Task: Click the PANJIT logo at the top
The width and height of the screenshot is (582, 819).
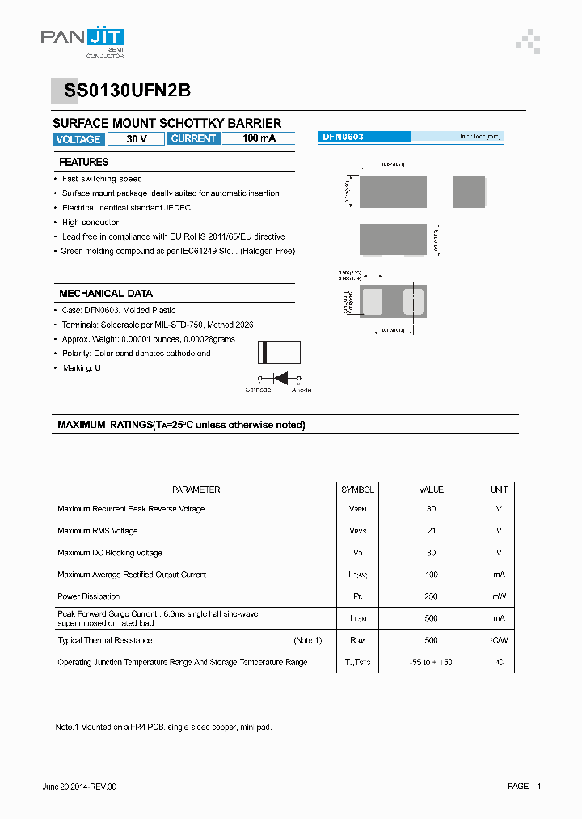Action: pos(82,39)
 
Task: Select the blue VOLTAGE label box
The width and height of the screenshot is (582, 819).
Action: pos(78,139)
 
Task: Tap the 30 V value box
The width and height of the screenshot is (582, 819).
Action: pos(137,139)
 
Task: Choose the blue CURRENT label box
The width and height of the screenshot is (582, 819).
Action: pos(193,139)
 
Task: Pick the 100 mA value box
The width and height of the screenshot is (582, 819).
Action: pos(259,139)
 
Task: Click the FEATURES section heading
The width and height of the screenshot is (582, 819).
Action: pos(83,162)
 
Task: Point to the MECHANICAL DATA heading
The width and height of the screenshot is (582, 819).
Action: pos(105,294)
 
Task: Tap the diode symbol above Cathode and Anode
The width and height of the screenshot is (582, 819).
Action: pos(280,378)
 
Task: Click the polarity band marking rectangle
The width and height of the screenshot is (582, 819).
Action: pos(278,353)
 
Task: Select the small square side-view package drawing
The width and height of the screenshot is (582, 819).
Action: pos(469,192)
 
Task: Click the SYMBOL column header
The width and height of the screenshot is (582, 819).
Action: pos(357,490)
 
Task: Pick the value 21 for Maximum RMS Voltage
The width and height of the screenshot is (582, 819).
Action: pos(431,531)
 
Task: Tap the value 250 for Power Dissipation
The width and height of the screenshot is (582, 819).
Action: pos(431,596)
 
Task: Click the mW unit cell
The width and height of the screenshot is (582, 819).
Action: pos(499,596)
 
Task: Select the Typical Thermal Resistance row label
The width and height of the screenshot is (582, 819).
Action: pos(104,640)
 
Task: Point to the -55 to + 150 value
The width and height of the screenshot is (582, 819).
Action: pos(431,662)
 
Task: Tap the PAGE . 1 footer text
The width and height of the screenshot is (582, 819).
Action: pos(524,787)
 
